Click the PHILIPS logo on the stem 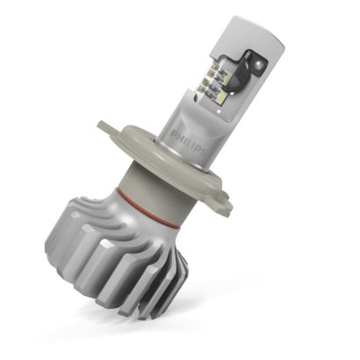pyautogui.click(x=188, y=143)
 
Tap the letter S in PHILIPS pyautogui.click(x=203, y=152)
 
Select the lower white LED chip pyautogui.click(x=224, y=94)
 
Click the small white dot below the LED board pyautogui.click(x=219, y=112)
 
